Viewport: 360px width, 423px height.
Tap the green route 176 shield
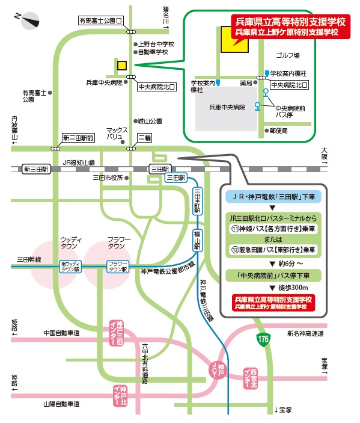(x=263, y=339)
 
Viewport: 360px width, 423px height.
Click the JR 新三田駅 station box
(x=36, y=169)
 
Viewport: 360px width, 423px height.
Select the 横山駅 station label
(x=198, y=240)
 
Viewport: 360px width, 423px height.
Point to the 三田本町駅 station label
(x=198, y=200)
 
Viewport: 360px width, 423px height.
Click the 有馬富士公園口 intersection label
(x=101, y=20)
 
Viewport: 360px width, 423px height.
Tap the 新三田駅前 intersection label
(x=78, y=138)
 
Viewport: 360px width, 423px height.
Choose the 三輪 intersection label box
(x=145, y=138)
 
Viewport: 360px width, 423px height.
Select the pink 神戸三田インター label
(x=117, y=333)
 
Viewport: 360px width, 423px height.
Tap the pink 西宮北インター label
(x=251, y=378)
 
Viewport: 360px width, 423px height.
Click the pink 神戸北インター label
(x=120, y=396)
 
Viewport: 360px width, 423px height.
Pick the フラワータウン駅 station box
(x=118, y=267)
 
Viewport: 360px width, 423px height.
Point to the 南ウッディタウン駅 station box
(x=70, y=267)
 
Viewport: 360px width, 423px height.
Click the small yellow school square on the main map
(x=122, y=66)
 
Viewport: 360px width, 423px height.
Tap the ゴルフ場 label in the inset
(x=288, y=55)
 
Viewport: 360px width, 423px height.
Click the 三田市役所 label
(x=108, y=178)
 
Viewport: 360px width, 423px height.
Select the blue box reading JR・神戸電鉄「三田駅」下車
(x=273, y=197)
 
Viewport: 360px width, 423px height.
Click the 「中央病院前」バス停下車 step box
(x=273, y=276)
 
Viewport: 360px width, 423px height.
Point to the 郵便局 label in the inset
(x=279, y=131)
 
